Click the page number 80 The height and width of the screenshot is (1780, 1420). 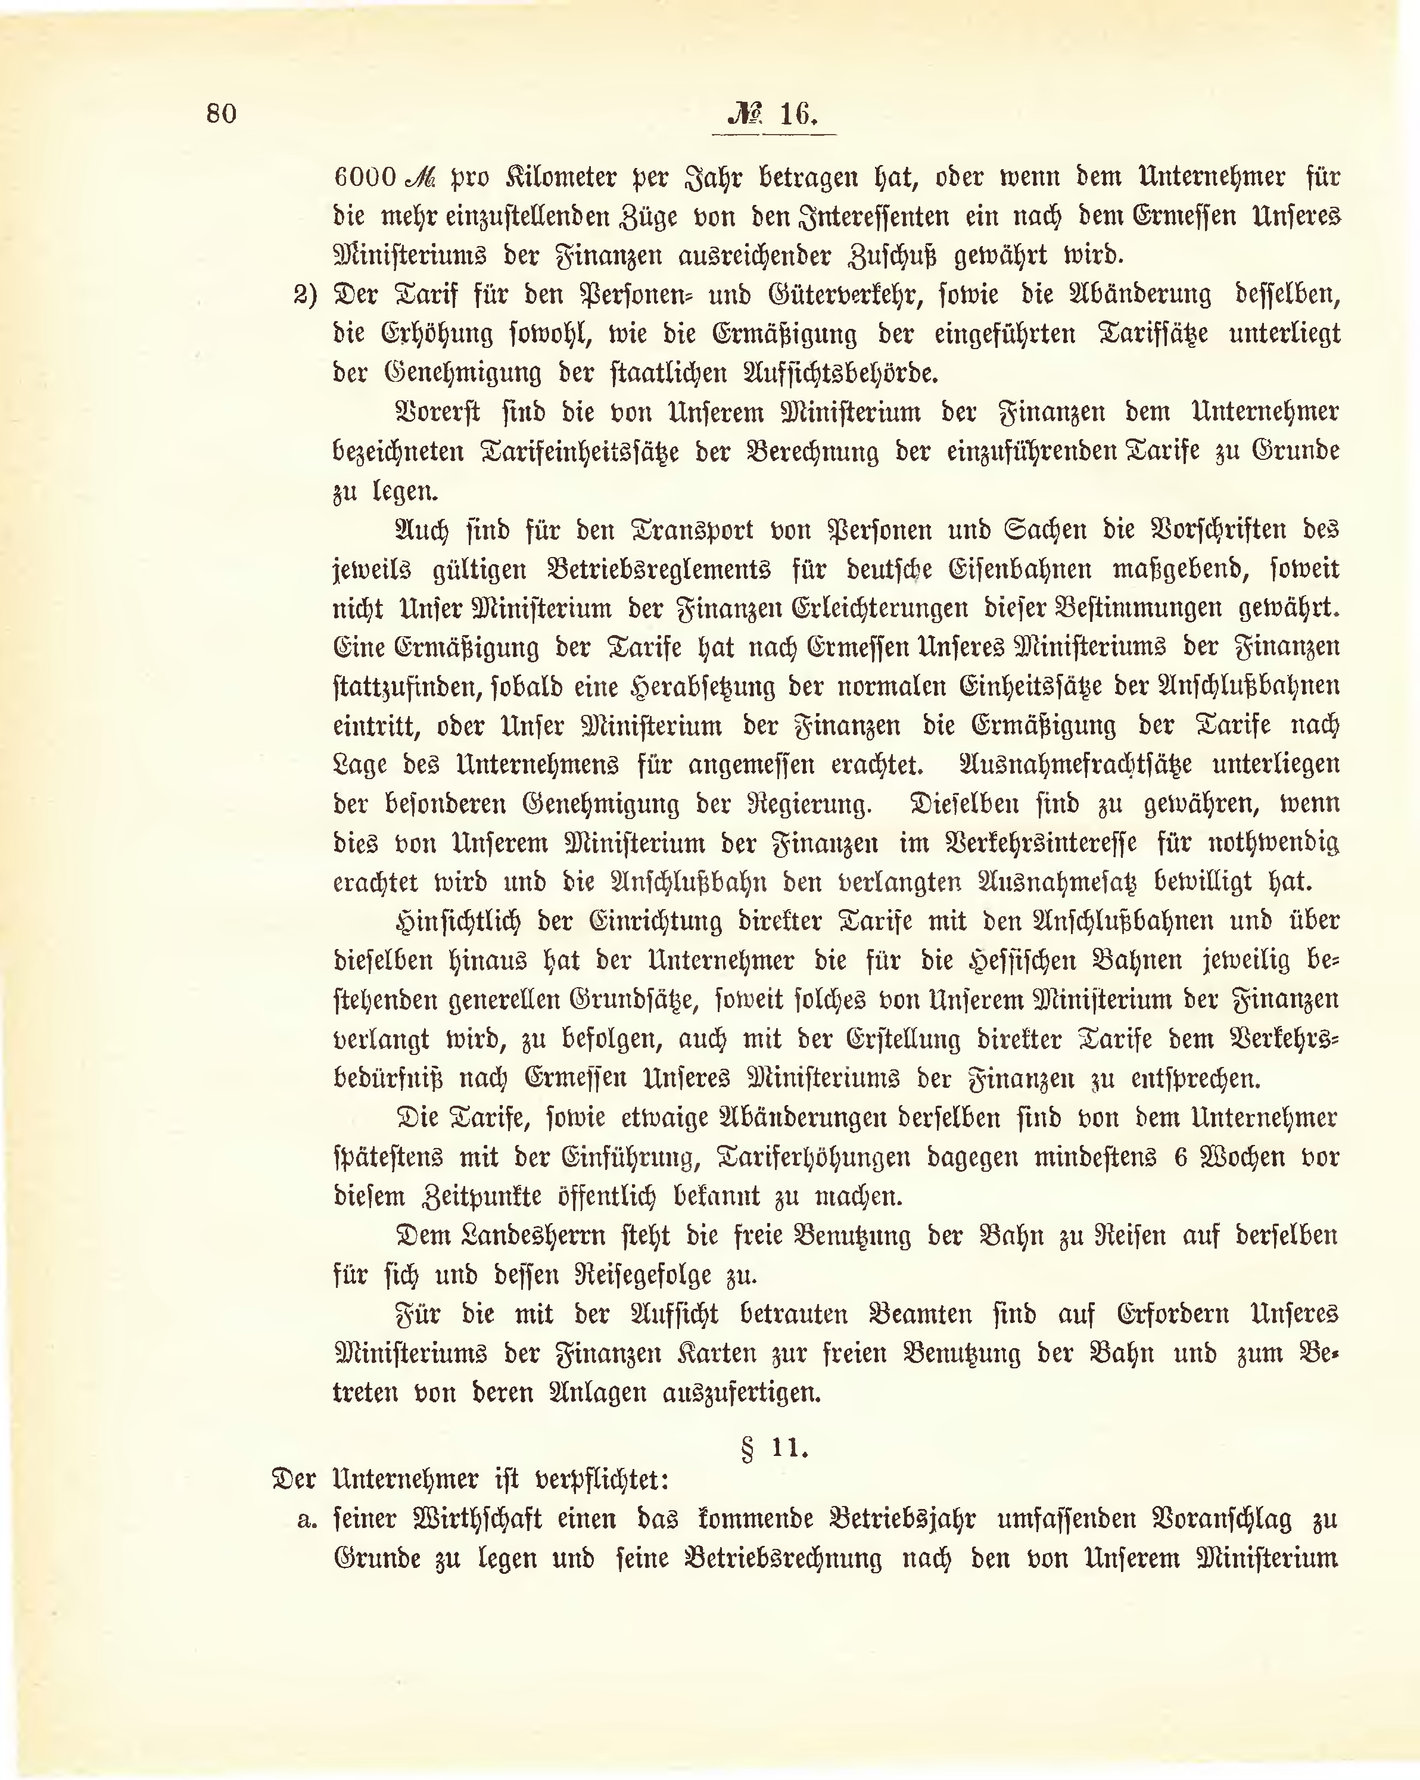pos(221,113)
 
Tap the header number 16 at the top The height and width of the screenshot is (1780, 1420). pos(798,113)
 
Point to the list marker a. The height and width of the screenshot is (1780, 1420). pos(307,1521)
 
